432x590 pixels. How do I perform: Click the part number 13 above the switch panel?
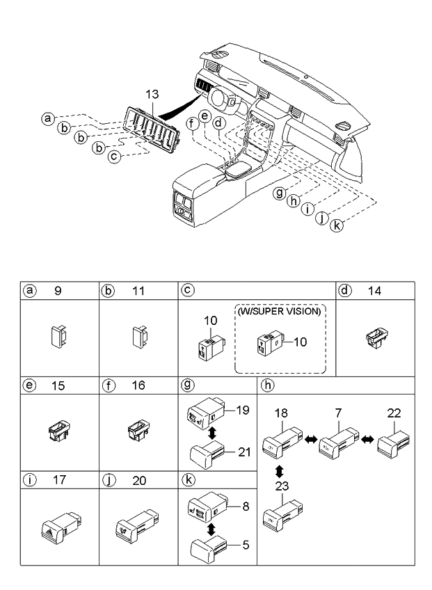152,94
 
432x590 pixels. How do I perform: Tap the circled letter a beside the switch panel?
47,118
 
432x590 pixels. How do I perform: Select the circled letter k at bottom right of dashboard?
337,227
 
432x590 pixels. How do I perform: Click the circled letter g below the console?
280,193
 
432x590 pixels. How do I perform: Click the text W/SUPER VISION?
278,312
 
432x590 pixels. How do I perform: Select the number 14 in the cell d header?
374,292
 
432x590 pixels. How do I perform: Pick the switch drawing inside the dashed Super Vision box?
269,342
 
